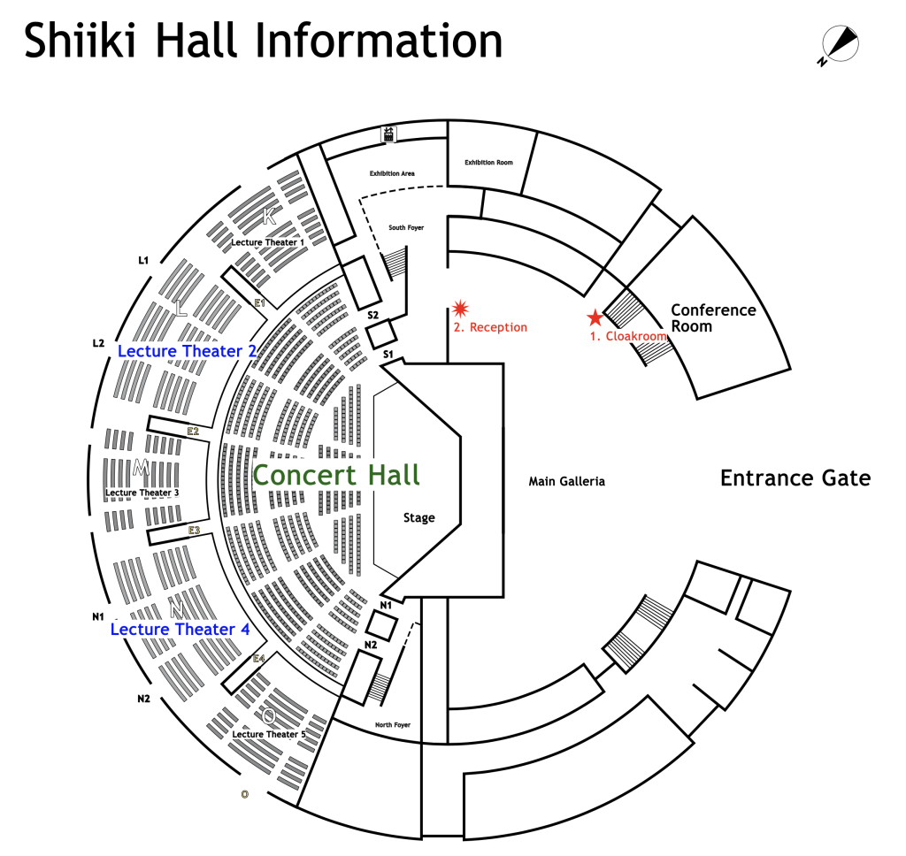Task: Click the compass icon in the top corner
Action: coord(841,43)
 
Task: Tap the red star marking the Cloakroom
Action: coord(595,317)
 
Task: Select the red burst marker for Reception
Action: coord(460,308)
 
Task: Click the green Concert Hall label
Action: coord(336,475)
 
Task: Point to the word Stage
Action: coord(418,517)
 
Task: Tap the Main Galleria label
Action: coord(566,482)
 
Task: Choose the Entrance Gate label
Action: coord(795,478)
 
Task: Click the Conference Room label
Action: coord(713,318)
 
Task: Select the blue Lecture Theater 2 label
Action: coord(187,351)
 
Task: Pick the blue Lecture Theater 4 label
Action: coord(180,629)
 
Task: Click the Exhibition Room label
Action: coord(488,163)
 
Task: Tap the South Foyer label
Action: coord(406,228)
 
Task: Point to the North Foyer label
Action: coord(393,725)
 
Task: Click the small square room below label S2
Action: coord(380,334)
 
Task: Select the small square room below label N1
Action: coord(381,625)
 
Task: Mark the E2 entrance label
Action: coord(193,432)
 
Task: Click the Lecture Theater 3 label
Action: coord(142,493)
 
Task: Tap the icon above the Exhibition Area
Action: coord(388,134)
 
